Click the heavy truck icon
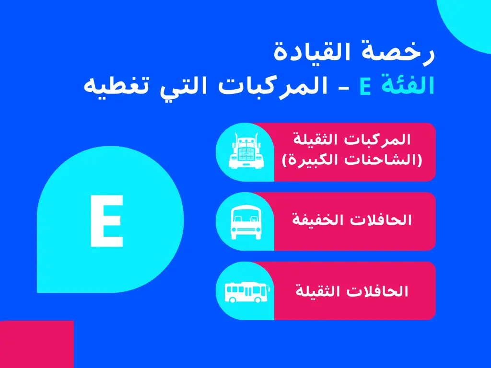tap(245, 151)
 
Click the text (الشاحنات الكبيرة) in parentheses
tap(352, 160)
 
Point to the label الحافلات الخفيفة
tap(352, 220)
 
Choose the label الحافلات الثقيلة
tap(352, 291)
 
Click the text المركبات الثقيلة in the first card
tap(352, 140)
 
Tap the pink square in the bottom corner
tap(36, 344)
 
